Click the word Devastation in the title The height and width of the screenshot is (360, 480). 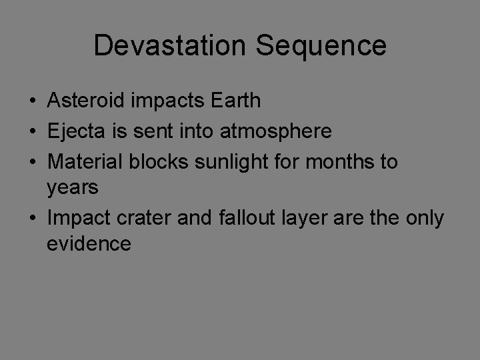pos(170,45)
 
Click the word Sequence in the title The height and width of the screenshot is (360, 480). pos(321,45)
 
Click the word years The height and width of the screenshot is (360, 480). pos(73,189)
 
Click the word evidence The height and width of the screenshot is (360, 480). pos(89,244)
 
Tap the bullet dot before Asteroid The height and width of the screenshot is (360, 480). pos(32,101)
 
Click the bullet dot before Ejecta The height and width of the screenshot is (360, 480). pos(32,132)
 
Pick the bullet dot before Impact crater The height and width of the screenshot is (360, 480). pos(32,219)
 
